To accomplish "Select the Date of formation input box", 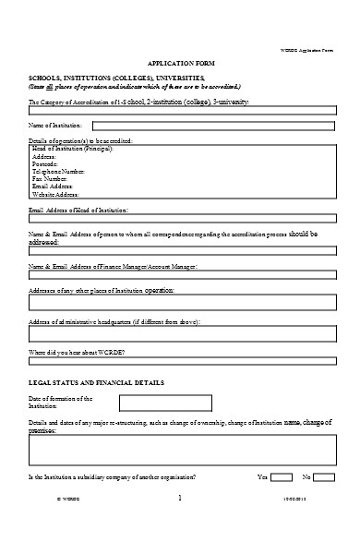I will pos(165,403).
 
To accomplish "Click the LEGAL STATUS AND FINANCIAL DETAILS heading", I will pos(97,381).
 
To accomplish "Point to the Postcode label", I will pos(48,163).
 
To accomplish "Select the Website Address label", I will pos(56,195).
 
